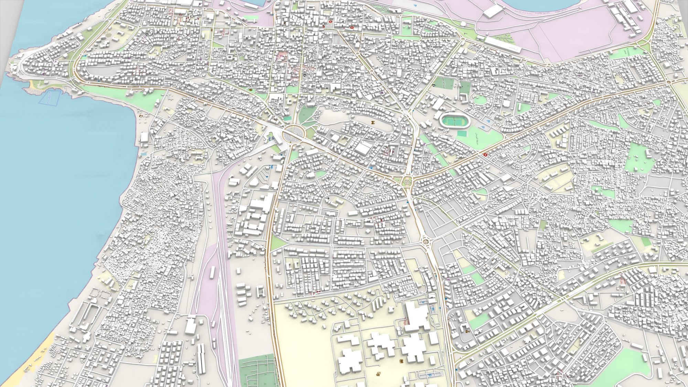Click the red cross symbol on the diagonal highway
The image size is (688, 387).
click(485, 155)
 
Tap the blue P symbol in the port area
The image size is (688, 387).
click(415, 6)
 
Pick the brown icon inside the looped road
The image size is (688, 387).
click(373, 122)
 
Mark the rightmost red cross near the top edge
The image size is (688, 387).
click(352, 28)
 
